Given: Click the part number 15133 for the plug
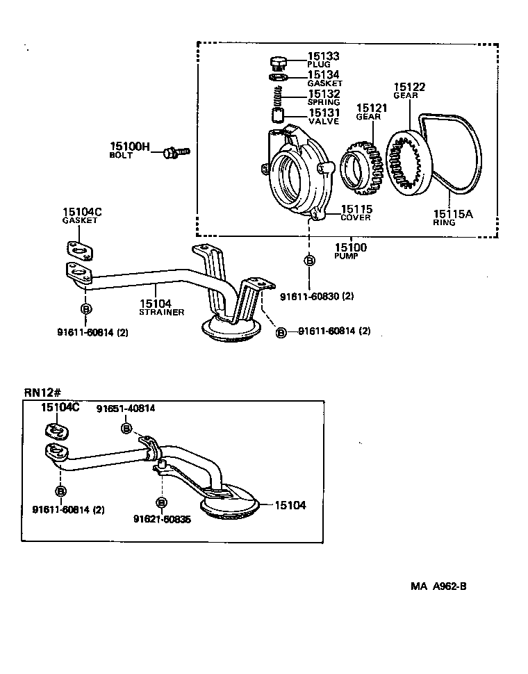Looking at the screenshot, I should pyautogui.click(x=323, y=56).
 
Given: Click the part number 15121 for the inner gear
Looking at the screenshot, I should pyautogui.click(x=372, y=108).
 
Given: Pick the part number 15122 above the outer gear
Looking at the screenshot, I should pyautogui.click(x=409, y=88).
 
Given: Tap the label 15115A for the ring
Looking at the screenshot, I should pyautogui.click(x=453, y=215).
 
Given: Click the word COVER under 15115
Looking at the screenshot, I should pyautogui.click(x=356, y=217).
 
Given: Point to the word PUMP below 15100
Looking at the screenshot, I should pyautogui.click(x=345, y=256).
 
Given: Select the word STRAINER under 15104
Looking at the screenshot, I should pyautogui.click(x=161, y=313).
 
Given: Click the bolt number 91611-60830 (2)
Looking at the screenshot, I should pyautogui.click(x=317, y=297).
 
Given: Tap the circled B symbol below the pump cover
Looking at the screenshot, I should pyautogui.click(x=309, y=261).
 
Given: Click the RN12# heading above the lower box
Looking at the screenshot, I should pyautogui.click(x=40, y=392).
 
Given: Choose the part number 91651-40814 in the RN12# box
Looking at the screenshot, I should pyautogui.click(x=126, y=409).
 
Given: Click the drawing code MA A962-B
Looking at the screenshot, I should pyautogui.click(x=438, y=586).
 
